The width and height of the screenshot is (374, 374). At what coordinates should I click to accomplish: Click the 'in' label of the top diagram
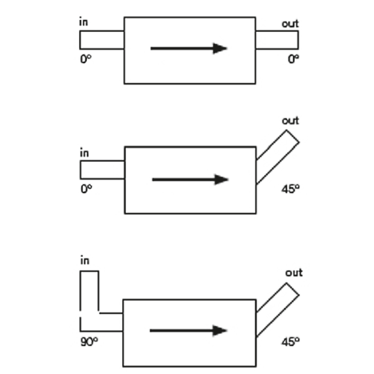84,22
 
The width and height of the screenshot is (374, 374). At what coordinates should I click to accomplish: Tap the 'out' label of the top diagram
290,24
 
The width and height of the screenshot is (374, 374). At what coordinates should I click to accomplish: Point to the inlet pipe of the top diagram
102,40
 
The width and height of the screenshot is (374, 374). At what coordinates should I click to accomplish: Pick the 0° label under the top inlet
85,59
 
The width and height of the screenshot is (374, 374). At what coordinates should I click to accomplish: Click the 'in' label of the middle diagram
84,153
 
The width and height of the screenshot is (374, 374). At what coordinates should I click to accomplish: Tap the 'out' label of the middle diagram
290,121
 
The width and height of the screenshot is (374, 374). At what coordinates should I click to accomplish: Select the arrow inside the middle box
190,180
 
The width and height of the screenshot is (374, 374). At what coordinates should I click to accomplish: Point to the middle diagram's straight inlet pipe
102,169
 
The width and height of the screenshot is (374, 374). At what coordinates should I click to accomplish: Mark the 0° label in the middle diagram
85,189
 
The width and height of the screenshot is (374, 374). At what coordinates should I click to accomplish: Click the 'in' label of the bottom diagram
84,261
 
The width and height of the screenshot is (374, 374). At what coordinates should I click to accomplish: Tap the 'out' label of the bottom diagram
293,272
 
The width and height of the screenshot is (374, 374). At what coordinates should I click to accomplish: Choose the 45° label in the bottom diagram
290,342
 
